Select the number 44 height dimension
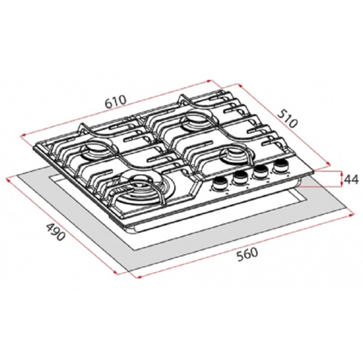(x=351, y=179)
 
